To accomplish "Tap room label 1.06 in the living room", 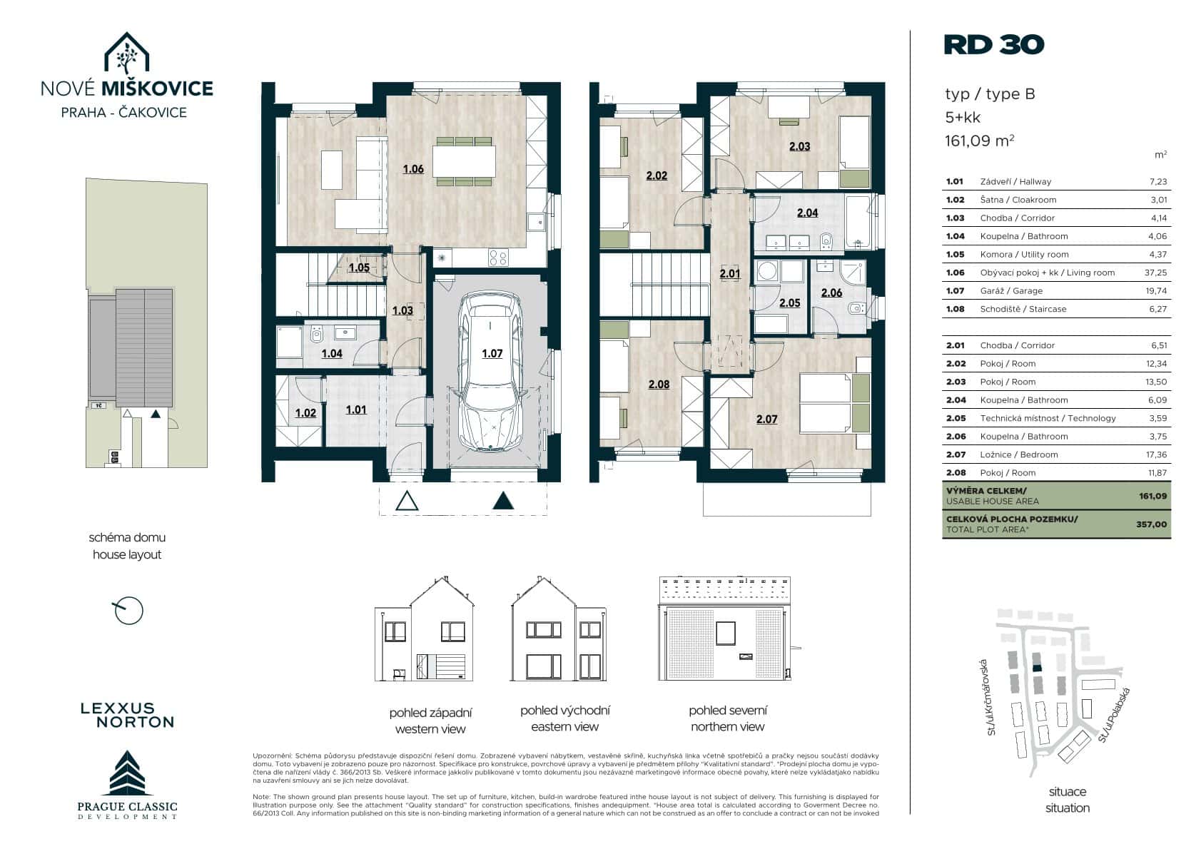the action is point(413,169).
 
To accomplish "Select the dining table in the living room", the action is point(464,161).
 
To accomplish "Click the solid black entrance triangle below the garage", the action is point(503,501).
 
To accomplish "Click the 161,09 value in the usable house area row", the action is point(1152,496).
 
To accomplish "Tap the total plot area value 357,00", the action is point(1152,524).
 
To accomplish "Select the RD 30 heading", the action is point(993,45).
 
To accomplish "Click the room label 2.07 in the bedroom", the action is point(766,420).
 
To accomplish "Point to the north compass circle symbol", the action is point(129,611).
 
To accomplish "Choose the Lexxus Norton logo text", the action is point(128,716).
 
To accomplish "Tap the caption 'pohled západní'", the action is point(430,713).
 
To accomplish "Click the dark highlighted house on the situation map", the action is point(1037,668).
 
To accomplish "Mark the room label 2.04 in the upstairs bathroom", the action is point(808,213).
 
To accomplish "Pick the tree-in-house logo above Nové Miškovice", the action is point(126,53).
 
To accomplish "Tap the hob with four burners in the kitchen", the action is point(498,258).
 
